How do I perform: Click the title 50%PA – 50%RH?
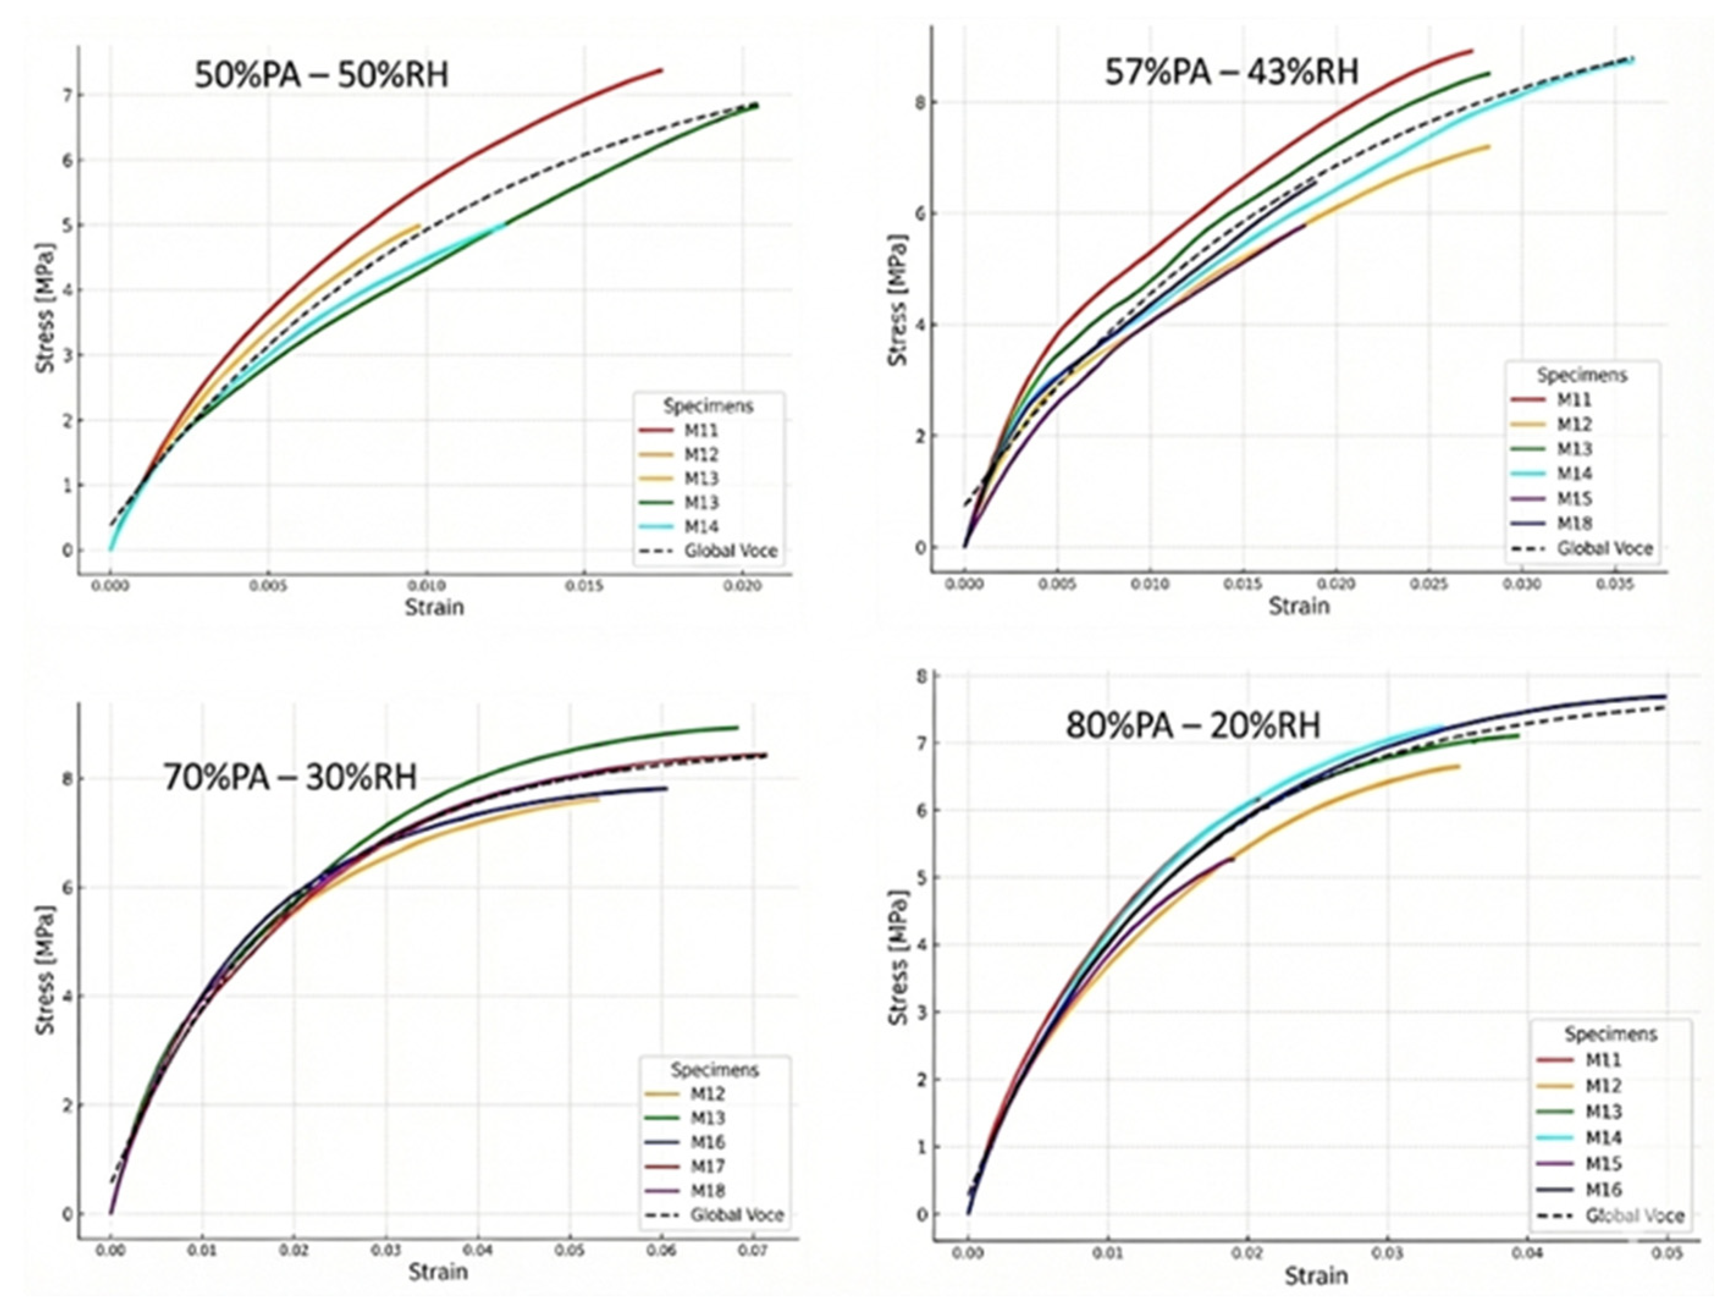pyautogui.click(x=321, y=76)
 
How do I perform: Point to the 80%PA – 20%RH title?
pyautogui.click(x=1193, y=726)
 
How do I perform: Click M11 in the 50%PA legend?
pyautogui.click(x=701, y=430)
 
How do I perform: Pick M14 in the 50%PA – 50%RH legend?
pyautogui.click(x=701, y=526)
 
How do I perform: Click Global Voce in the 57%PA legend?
pyautogui.click(x=1604, y=548)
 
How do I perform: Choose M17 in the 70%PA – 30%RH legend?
pyautogui.click(x=707, y=1167)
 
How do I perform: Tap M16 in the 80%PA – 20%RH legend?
pyautogui.click(x=1603, y=1190)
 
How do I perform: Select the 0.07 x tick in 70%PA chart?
pyautogui.click(x=754, y=1251)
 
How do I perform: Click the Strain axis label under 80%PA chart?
pyautogui.click(x=1316, y=1276)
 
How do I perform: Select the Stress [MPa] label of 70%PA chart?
pyautogui.click(x=45, y=970)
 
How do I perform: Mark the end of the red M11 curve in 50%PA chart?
pyautogui.click(x=661, y=70)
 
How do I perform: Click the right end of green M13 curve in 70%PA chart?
pyautogui.click(x=737, y=728)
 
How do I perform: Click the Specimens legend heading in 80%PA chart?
pyautogui.click(x=1610, y=1034)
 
